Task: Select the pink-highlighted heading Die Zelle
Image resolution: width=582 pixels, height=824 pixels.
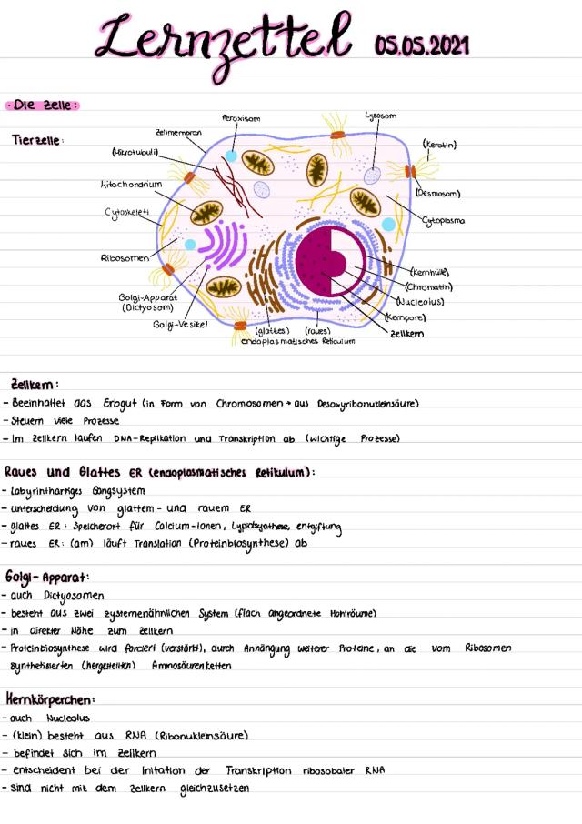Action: pyautogui.click(x=42, y=106)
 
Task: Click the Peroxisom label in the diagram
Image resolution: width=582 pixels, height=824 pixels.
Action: pyautogui.click(x=241, y=118)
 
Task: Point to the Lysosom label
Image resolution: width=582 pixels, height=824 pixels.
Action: pyautogui.click(x=379, y=116)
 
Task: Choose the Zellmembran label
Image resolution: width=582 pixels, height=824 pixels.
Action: pyautogui.click(x=179, y=132)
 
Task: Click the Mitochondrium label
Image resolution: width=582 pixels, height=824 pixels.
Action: pyautogui.click(x=132, y=184)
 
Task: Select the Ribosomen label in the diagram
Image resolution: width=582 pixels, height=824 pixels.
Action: pyautogui.click(x=125, y=258)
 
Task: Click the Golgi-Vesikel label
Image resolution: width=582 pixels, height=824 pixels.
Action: pyautogui.click(x=180, y=324)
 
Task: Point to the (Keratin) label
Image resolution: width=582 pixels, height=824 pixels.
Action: pyautogui.click(x=439, y=144)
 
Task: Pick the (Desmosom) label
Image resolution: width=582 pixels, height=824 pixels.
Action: pyautogui.click(x=437, y=193)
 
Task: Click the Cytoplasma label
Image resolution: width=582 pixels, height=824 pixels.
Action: pyautogui.click(x=445, y=220)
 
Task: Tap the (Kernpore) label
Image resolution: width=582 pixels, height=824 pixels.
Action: pyautogui.click(x=406, y=317)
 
